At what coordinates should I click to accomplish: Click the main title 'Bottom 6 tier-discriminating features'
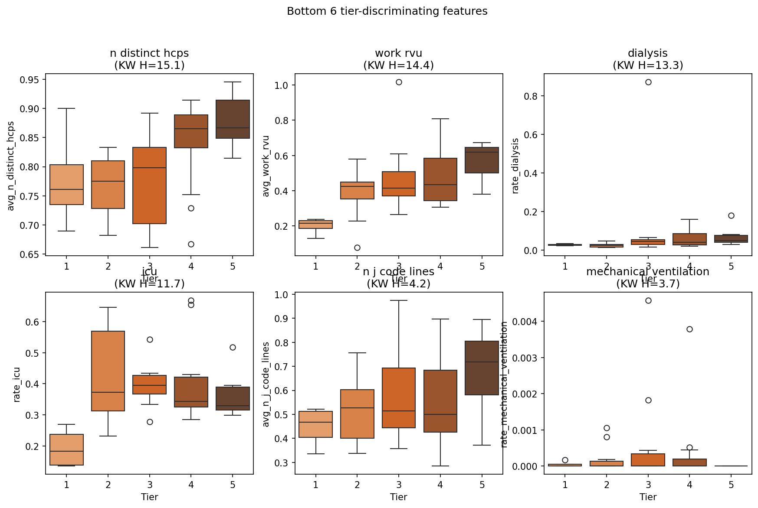pos(387,11)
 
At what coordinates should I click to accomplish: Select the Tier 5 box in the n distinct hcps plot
pos(233,119)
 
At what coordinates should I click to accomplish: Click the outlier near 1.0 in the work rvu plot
pos(399,82)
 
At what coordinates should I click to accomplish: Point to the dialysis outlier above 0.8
pos(648,82)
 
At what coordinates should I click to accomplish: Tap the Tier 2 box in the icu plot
pos(108,371)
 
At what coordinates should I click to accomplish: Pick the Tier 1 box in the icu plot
pos(66,449)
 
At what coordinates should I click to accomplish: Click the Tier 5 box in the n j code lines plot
pos(482,368)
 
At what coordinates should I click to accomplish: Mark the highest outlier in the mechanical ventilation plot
pos(648,301)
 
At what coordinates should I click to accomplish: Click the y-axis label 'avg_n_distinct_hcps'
pos(11,166)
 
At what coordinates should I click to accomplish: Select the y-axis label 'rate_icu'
pos(16,384)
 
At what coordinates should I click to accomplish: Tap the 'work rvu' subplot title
pos(398,53)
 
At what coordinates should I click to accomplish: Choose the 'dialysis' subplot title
pos(647,53)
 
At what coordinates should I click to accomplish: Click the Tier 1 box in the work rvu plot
pos(315,225)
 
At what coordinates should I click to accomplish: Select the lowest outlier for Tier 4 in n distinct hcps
pos(191,244)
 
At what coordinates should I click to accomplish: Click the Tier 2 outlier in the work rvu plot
pos(357,248)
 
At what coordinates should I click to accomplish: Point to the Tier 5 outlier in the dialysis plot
pos(731,216)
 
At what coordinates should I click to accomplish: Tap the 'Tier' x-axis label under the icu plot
pos(149,497)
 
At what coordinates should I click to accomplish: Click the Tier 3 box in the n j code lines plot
pos(399,398)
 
